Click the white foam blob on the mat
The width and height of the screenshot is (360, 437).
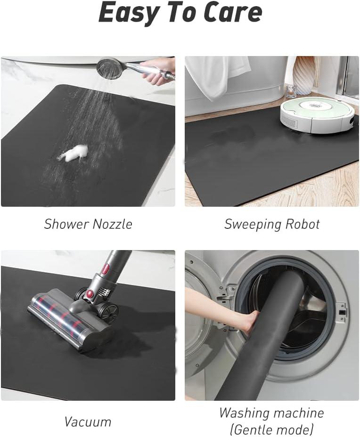click(76, 153)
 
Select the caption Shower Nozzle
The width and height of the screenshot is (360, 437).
click(88, 224)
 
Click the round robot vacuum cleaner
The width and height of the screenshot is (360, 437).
click(317, 114)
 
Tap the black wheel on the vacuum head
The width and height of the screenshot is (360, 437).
click(108, 312)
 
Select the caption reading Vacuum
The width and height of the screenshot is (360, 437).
click(88, 421)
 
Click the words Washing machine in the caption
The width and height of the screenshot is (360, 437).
click(271, 413)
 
